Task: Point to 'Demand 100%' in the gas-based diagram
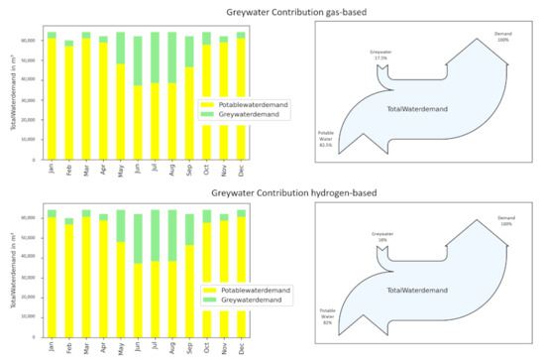pos(503,37)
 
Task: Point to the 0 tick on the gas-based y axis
pos(37,159)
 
